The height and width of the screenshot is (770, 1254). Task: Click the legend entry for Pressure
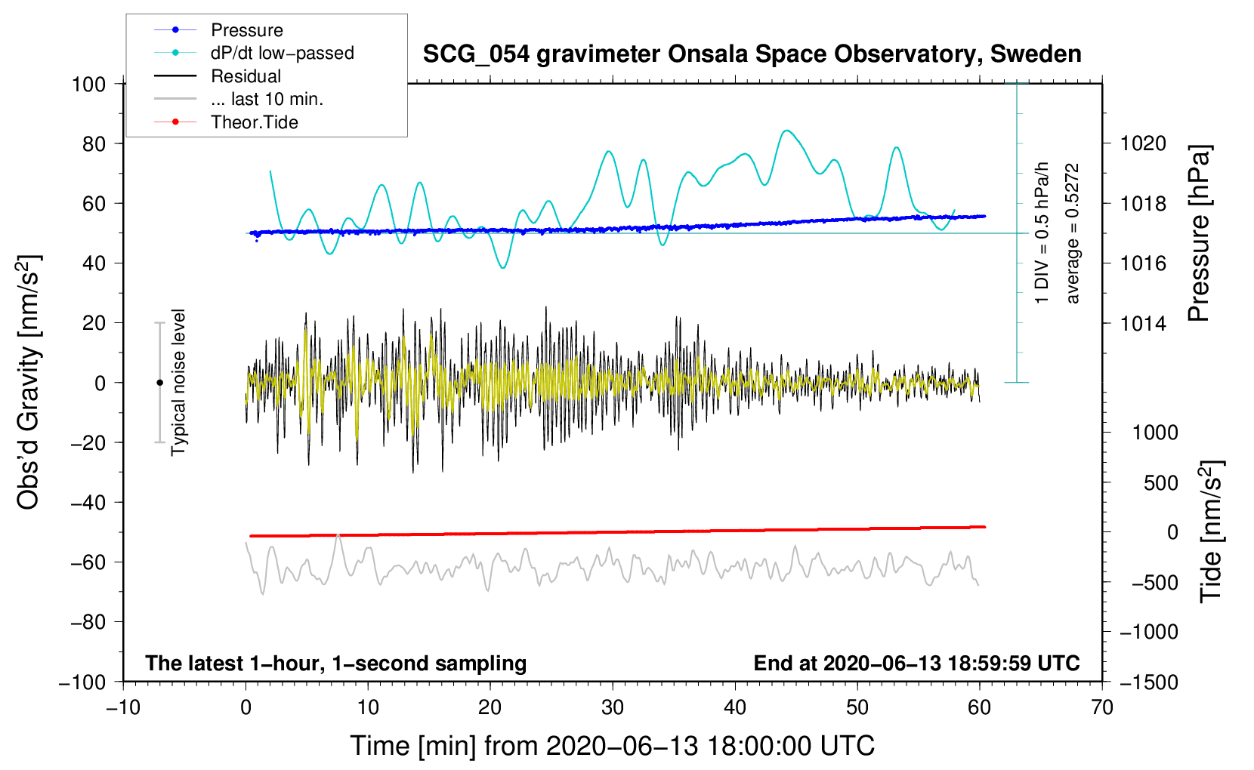pyautogui.click(x=218, y=29)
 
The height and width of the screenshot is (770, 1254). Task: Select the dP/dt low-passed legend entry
pyautogui.click(x=254, y=53)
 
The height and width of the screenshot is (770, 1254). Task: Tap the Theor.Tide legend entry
pyautogui.click(x=226, y=122)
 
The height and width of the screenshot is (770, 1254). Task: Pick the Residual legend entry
pyautogui.click(x=218, y=75)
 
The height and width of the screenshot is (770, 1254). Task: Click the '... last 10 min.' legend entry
pyautogui.click(x=239, y=99)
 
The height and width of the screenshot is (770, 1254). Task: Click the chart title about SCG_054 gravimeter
pyautogui.click(x=752, y=54)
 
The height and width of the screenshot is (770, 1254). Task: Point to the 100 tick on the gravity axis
pyautogui.click(x=88, y=85)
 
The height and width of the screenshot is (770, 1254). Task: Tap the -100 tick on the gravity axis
pyautogui.click(x=82, y=682)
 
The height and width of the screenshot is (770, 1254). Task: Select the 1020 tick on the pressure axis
pyautogui.click(x=1143, y=144)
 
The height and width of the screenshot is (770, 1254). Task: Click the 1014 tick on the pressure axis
pyautogui.click(x=1143, y=323)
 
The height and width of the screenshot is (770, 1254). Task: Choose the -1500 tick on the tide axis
pyautogui.click(x=1149, y=682)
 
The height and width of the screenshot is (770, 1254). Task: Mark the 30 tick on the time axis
pyautogui.click(x=613, y=708)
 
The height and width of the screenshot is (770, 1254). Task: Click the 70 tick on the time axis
pyautogui.click(x=1102, y=708)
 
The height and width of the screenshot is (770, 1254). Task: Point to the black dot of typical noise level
pyautogui.click(x=159, y=383)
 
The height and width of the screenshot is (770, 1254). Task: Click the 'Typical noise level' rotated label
pyautogui.click(x=178, y=383)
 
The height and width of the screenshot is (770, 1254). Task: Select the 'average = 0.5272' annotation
pyautogui.click(x=1072, y=234)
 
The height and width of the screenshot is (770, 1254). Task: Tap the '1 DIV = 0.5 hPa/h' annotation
pyautogui.click(x=1041, y=233)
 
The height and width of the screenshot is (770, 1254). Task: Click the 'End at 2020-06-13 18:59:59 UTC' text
pyautogui.click(x=916, y=663)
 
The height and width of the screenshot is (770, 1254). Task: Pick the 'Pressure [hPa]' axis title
pyautogui.click(x=1199, y=234)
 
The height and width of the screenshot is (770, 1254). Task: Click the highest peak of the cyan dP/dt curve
pyautogui.click(x=787, y=131)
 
